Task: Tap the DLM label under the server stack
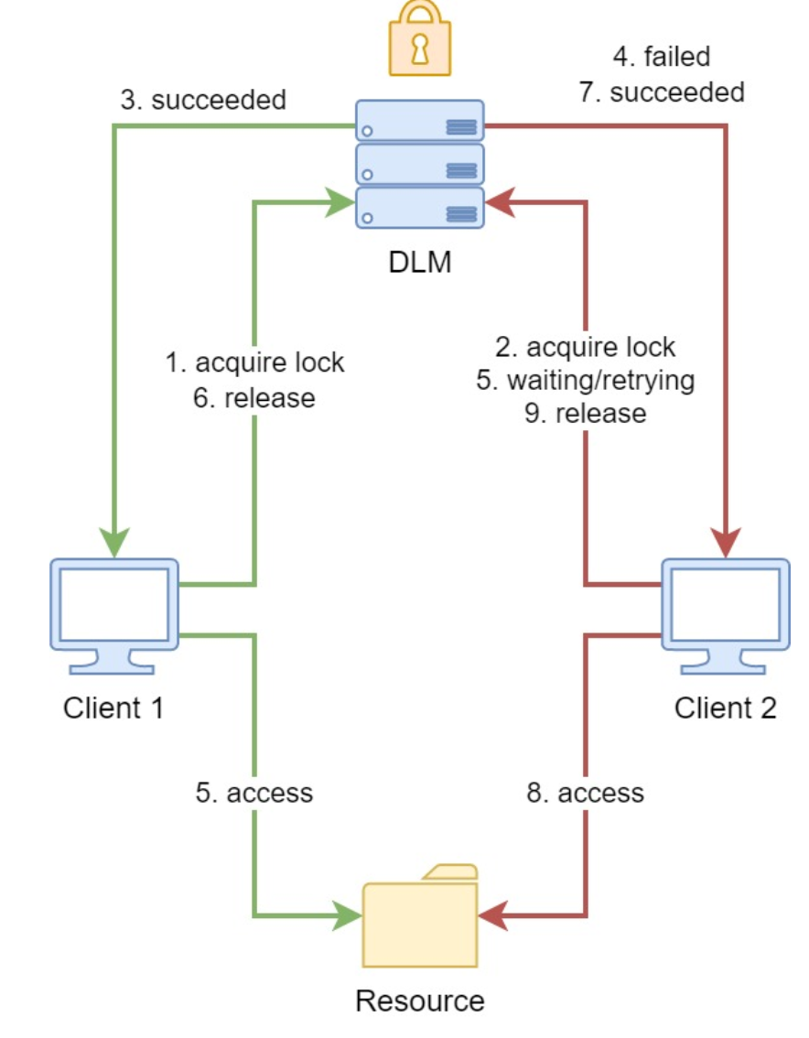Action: tap(419, 264)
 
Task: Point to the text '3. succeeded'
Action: tap(203, 100)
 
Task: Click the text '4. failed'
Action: tap(662, 57)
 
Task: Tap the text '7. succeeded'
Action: tap(662, 92)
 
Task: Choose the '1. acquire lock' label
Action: tap(255, 362)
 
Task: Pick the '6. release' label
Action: tap(255, 398)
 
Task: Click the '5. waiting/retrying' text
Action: tap(585, 380)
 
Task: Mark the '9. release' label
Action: tap(585, 414)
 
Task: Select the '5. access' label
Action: tap(253, 792)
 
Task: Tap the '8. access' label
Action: tap(585, 792)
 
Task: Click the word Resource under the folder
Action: tap(420, 1000)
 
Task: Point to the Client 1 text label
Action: tap(113, 708)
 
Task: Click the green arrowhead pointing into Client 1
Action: tap(113, 543)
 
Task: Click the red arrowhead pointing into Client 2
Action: tap(727, 543)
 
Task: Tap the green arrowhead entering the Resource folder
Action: tap(346, 914)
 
